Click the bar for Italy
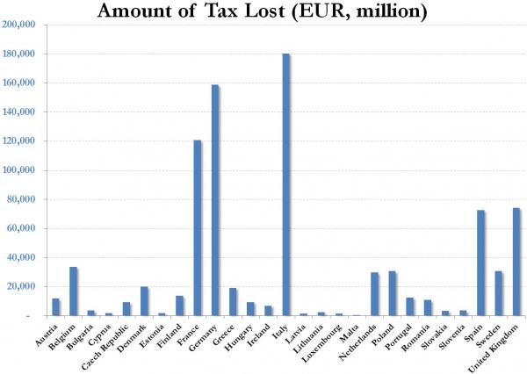pyautogui.click(x=286, y=184)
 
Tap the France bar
pyautogui.click(x=198, y=228)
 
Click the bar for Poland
pyautogui.click(x=393, y=293)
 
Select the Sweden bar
pyautogui.click(x=499, y=293)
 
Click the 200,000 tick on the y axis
pyautogui.click(x=19, y=25)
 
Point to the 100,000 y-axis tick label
pyautogui.click(x=19, y=170)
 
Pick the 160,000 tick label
pyautogui.click(x=19, y=83)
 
